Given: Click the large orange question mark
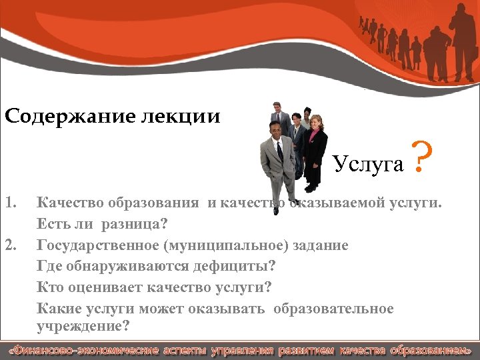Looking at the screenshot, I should (420, 159).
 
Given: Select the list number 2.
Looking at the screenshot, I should (9, 245).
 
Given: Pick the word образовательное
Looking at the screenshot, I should (341, 309).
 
